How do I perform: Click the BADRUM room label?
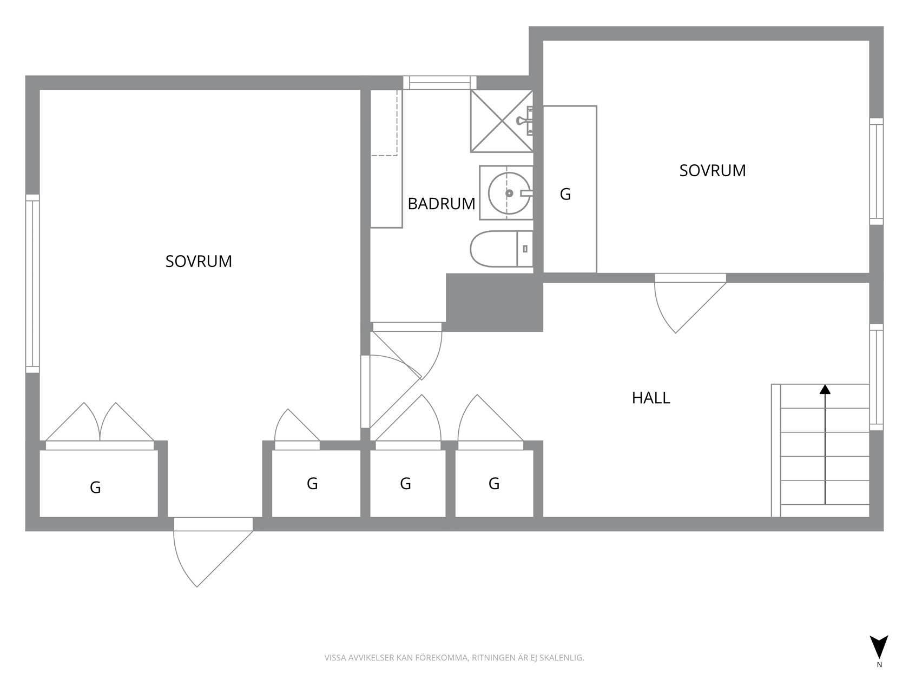[x=441, y=204]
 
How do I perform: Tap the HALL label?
[x=650, y=398]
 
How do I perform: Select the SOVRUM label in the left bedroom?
[x=199, y=261]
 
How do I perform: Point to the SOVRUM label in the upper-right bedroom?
[x=712, y=170]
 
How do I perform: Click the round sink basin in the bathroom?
[x=509, y=193]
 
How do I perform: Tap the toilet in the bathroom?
[x=501, y=249]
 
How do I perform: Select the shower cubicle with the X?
[x=502, y=121]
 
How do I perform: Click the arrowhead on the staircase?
[x=825, y=389]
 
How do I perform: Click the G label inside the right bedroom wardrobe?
[x=565, y=194]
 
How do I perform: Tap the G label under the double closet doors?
[x=95, y=488]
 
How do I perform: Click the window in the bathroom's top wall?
[x=440, y=83]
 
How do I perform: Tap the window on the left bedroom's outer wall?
[x=32, y=284]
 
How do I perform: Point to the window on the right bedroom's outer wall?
[x=877, y=171]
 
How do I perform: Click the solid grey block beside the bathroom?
[x=495, y=302]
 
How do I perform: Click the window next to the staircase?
[x=877, y=377]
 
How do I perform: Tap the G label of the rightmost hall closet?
[x=494, y=483]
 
